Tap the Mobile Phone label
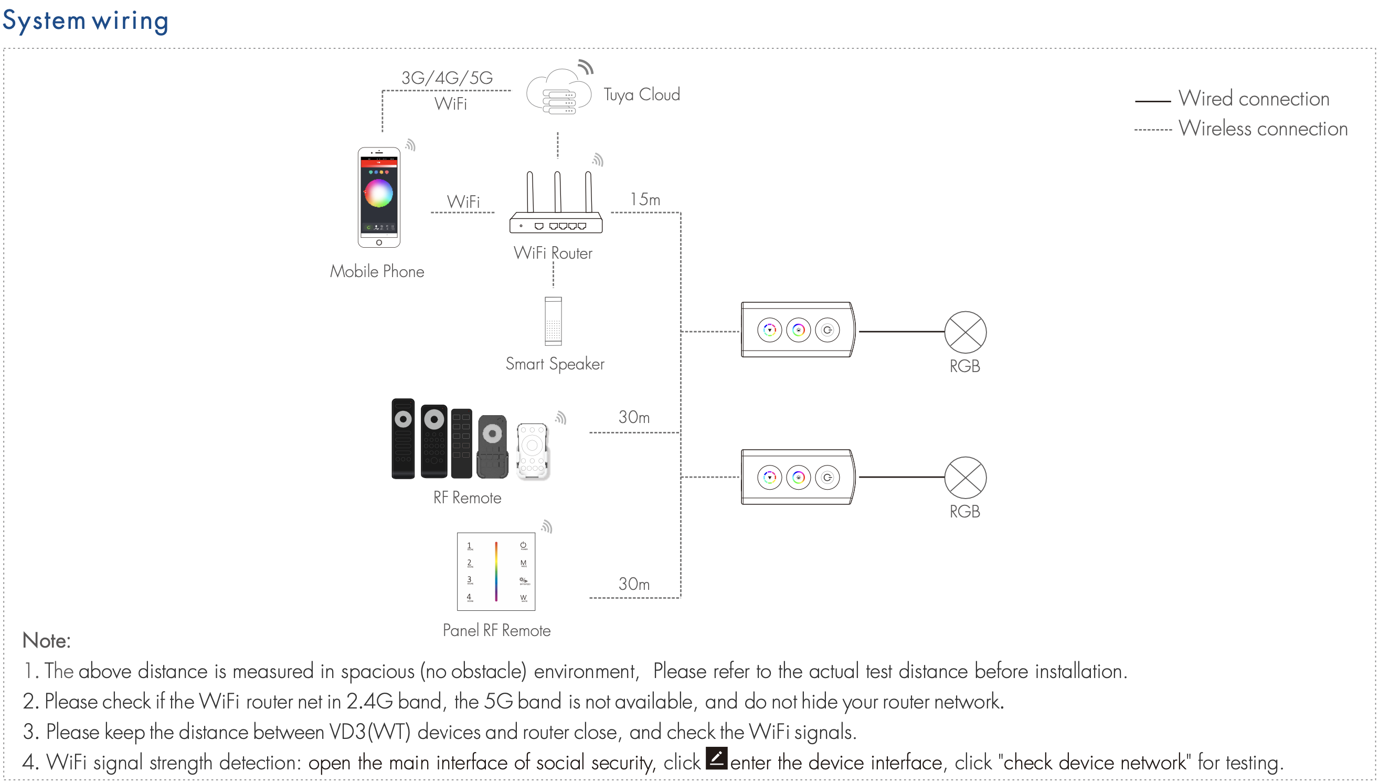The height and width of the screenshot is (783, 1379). click(x=377, y=271)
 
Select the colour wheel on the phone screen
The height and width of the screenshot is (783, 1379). click(x=379, y=193)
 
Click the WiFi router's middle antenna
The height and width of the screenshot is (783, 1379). click(x=557, y=192)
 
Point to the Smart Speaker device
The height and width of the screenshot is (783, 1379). click(x=553, y=321)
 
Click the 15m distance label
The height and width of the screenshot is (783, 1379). click(x=644, y=199)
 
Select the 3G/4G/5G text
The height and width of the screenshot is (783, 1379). click(x=447, y=78)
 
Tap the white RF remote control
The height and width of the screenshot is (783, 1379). click(x=532, y=451)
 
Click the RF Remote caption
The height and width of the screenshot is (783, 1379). click(x=467, y=498)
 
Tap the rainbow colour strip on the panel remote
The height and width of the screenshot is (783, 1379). click(x=496, y=572)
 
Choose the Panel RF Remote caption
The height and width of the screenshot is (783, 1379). click(x=496, y=631)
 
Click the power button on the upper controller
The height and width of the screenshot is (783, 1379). click(x=828, y=330)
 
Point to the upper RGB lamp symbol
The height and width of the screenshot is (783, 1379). click(x=965, y=332)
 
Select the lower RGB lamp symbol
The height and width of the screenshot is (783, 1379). click(x=965, y=478)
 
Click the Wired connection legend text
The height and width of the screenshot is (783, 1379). click(x=1253, y=99)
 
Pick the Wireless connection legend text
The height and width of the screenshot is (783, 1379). click(x=1263, y=129)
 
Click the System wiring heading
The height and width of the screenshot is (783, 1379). click(x=86, y=21)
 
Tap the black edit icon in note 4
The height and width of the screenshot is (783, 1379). click(x=716, y=758)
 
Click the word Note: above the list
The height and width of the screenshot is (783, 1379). click(x=47, y=641)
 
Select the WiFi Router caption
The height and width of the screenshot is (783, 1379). click(x=553, y=253)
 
